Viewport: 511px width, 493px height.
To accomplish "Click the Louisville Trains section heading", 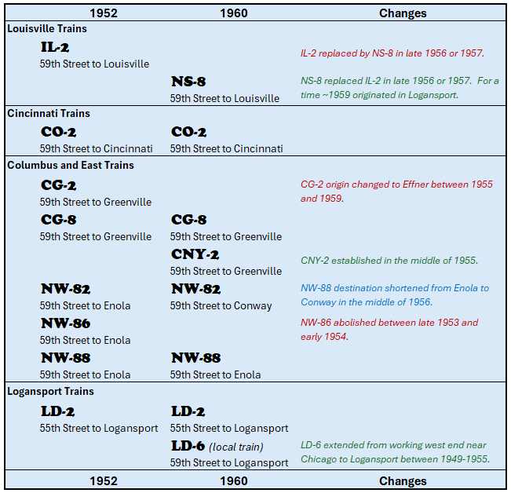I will [x=47, y=28].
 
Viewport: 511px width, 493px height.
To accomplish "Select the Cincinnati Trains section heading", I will [x=49, y=113].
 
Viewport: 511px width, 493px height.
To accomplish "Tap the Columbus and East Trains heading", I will [x=71, y=165].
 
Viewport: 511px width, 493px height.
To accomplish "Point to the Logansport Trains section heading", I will [x=50, y=391].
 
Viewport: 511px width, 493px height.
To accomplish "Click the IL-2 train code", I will [x=55, y=48].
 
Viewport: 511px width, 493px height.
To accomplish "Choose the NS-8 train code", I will [x=188, y=82].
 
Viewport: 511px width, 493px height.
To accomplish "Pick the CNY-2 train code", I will [x=195, y=254].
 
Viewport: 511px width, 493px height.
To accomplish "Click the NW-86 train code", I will [x=65, y=323].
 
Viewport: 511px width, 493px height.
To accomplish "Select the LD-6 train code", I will [x=188, y=446].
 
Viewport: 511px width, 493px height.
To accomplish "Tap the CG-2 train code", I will [x=58, y=185].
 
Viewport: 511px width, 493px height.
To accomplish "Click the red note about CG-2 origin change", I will [x=396, y=192].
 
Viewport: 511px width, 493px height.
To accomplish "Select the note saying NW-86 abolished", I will [x=389, y=330].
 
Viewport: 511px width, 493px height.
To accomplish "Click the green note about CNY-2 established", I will [x=389, y=261].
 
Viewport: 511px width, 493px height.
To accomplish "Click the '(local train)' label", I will [x=236, y=447].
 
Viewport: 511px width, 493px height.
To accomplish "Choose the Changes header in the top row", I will [x=403, y=13].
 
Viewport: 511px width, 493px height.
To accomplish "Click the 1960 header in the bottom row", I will [x=234, y=481].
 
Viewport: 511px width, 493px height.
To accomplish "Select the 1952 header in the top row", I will [x=104, y=13].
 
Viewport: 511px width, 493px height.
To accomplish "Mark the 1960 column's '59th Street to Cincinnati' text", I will [x=226, y=148].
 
